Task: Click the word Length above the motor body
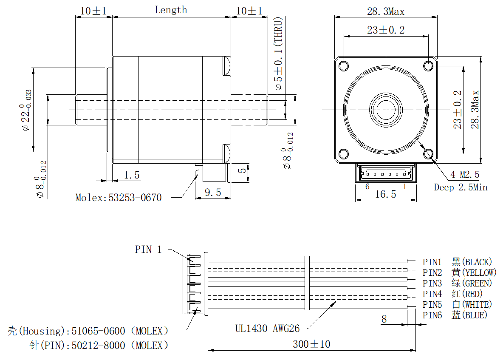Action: point(171,10)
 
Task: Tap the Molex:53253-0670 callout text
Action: point(119,198)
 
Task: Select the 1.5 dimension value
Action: point(132,175)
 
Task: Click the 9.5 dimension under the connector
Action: point(213,193)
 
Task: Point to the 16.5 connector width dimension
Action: point(385,194)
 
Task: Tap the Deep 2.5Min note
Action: point(461,187)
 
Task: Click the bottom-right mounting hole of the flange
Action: point(428,153)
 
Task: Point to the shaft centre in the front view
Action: point(386,109)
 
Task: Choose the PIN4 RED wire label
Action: point(452,294)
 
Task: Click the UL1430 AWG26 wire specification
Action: point(268,328)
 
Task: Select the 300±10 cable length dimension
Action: point(311,344)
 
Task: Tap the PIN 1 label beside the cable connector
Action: point(148,249)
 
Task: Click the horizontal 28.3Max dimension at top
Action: point(386,12)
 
